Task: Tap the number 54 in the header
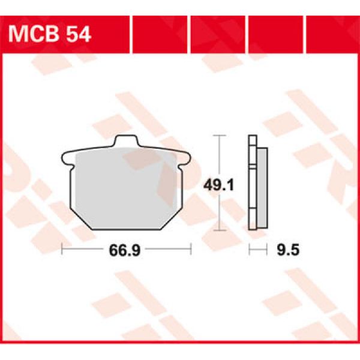pyautogui.click(x=79, y=34)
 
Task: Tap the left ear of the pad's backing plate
pyautogui.click(x=66, y=159)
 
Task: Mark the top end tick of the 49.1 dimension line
pyautogui.click(x=220, y=137)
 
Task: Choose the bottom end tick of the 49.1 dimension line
pyautogui.click(x=220, y=229)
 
